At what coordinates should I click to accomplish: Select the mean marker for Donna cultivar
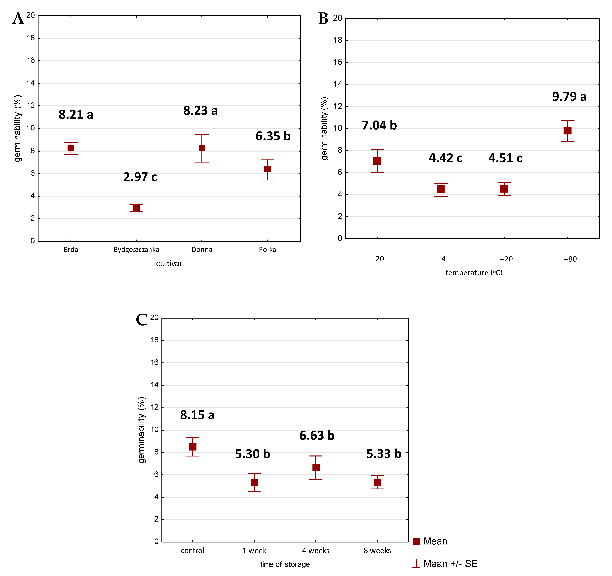[202, 148]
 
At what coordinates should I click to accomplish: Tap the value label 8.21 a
[76, 115]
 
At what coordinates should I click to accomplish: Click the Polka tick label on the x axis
[267, 249]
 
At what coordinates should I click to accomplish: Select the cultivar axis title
[169, 263]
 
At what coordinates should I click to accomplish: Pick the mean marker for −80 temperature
[567, 131]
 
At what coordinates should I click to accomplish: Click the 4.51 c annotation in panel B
[505, 158]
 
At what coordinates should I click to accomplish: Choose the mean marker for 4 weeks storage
[316, 468]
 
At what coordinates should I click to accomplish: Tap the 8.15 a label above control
[197, 415]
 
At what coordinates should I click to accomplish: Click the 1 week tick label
[254, 550]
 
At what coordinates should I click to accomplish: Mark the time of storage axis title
[285, 564]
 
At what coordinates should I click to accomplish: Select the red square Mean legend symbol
[416, 541]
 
